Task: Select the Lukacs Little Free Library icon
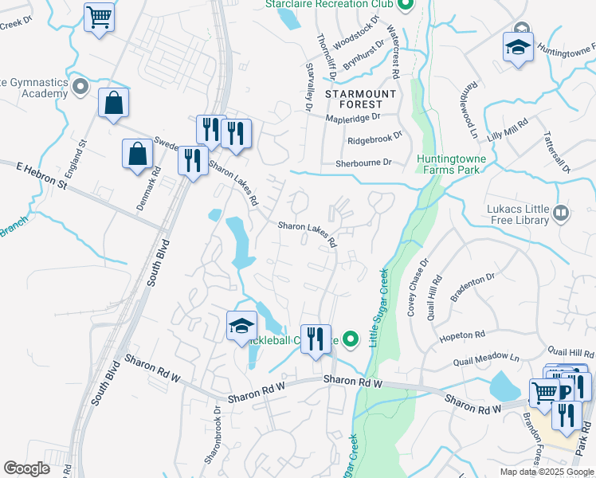click(561, 213)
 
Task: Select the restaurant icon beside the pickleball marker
click(316, 339)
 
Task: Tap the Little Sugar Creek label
click(378, 307)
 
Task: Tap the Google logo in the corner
click(26, 468)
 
